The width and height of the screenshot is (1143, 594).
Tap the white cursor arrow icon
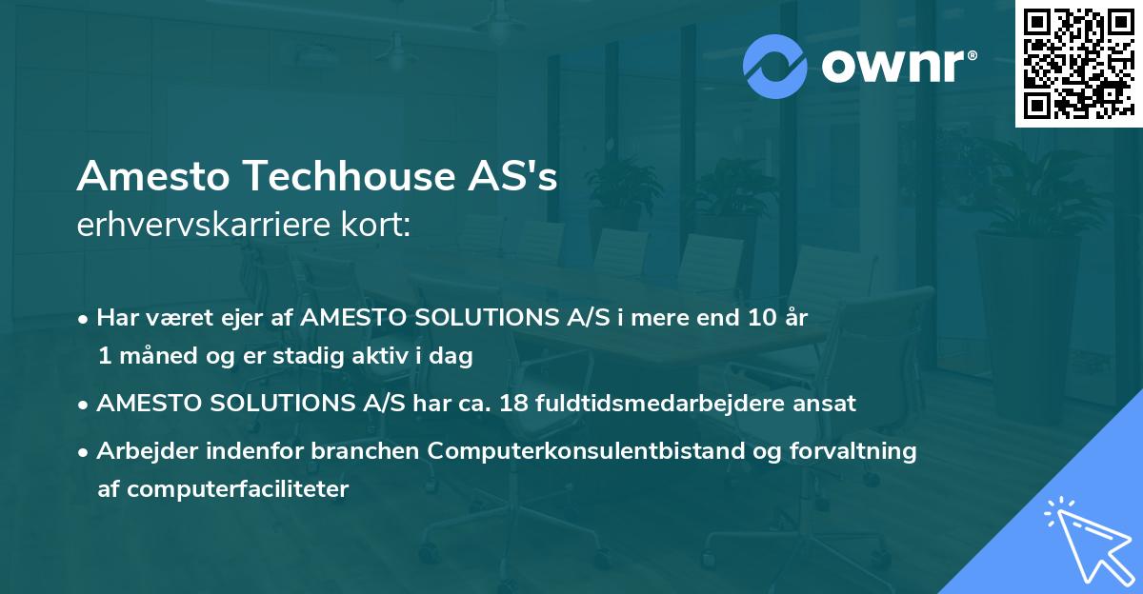click(1085, 537)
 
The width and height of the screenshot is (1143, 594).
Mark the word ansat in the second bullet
click(830, 404)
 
